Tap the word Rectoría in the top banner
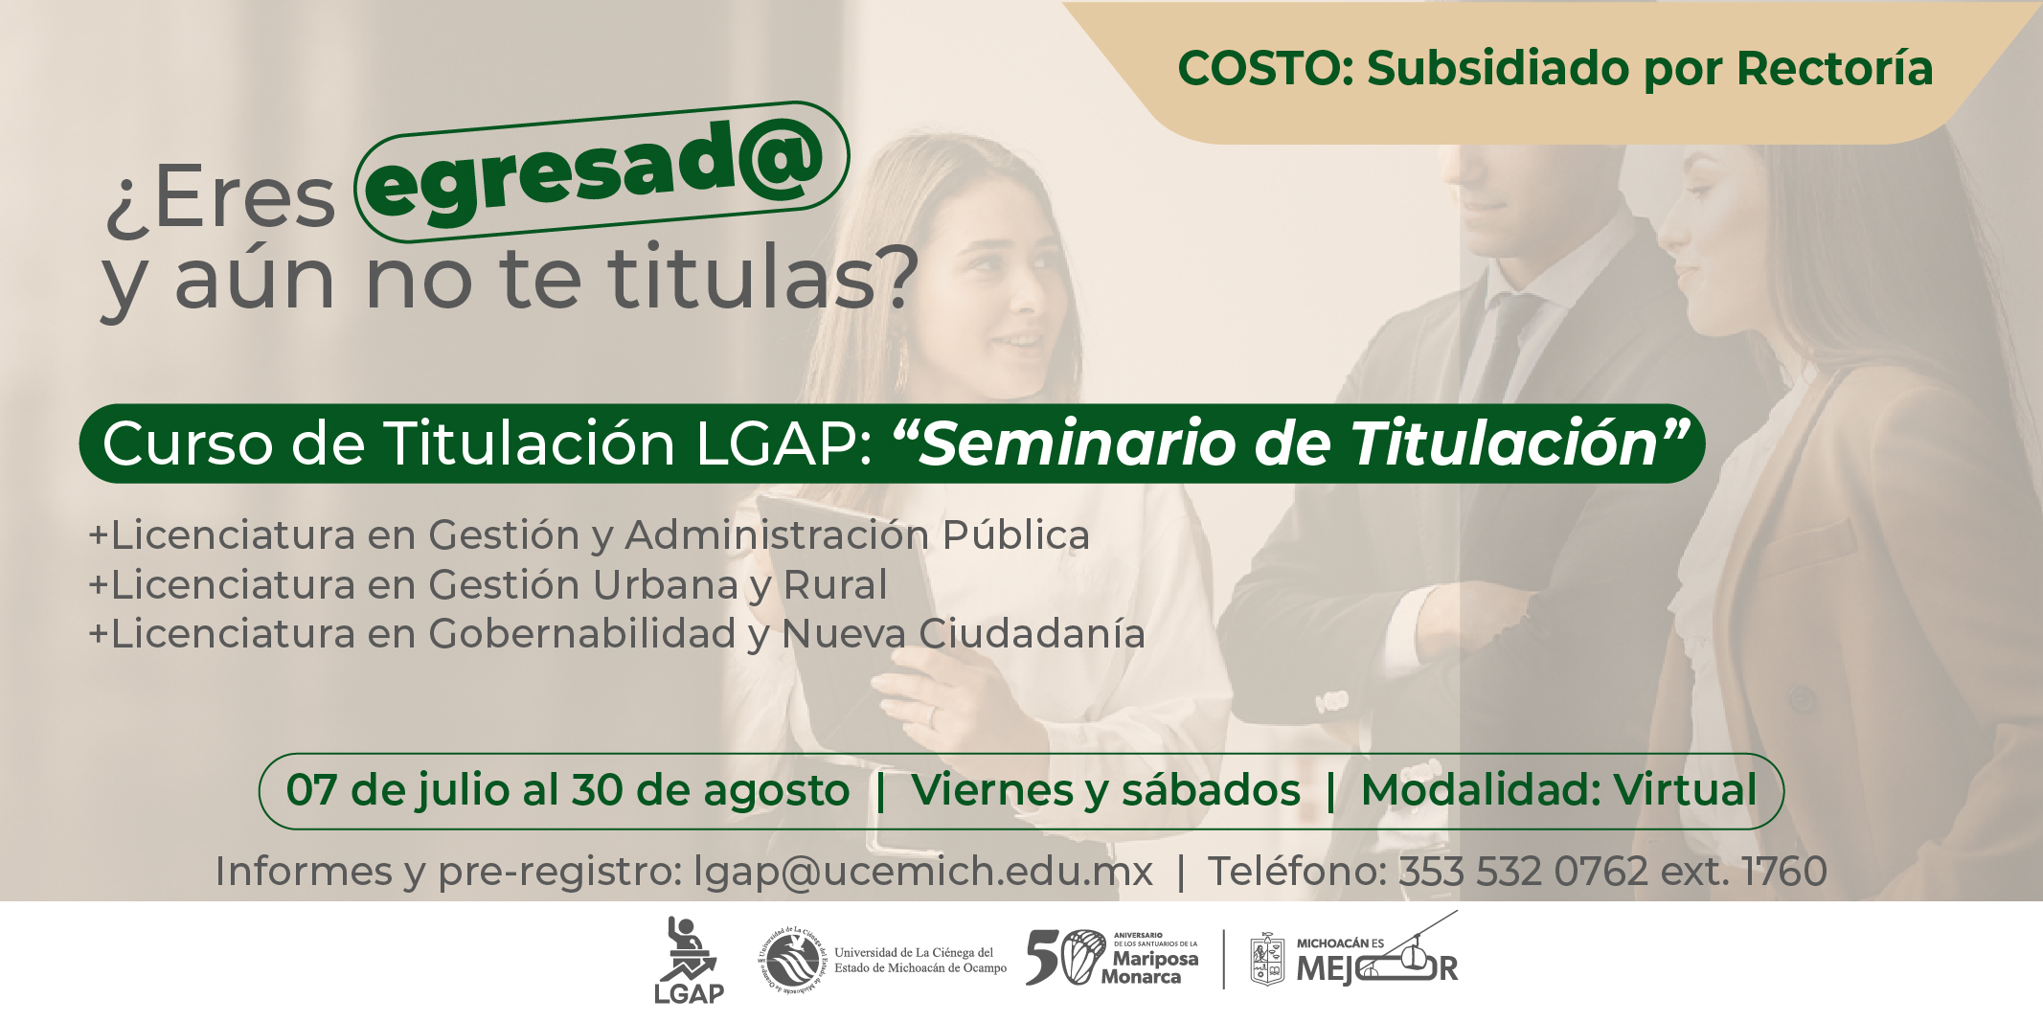click(x=1835, y=69)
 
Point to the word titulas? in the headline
click(x=762, y=278)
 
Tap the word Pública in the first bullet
click(x=1016, y=534)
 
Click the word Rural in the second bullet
click(x=835, y=585)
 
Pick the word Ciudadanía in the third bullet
click(x=1032, y=634)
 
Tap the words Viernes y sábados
click(x=1105, y=791)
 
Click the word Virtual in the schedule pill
click(x=1685, y=790)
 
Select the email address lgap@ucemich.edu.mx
click(x=923, y=872)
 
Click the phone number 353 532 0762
click(x=1524, y=872)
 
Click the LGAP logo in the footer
click(x=689, y=961)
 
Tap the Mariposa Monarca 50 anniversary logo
click(x=1112, y=958)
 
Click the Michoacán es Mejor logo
click(x=1354, y=958)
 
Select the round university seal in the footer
click(x=792, y=960)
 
